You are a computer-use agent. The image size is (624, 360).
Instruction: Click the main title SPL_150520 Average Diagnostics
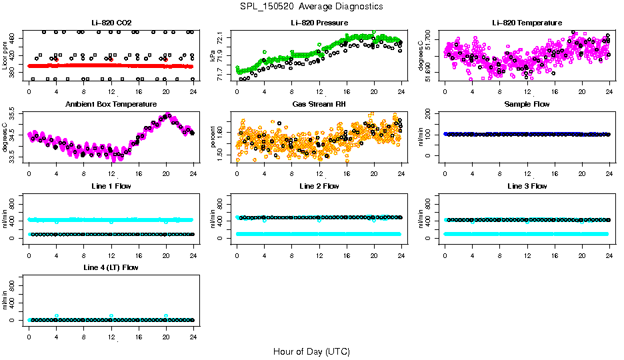click(312, 6)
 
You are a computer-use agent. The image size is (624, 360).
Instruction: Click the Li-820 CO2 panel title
click(111, 23)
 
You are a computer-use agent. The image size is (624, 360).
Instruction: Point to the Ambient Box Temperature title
click(111, 105)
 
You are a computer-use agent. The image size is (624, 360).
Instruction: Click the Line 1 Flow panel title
click(111, 186)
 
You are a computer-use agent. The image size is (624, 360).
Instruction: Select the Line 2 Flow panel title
click(319, 186)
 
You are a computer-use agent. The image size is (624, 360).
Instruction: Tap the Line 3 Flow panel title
click(527, 186)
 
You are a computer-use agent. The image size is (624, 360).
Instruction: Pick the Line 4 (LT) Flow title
click(111, 267)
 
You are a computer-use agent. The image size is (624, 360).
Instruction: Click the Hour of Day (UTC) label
click(311, 351)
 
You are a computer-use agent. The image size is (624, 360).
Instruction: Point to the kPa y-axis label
click(213, 57)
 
